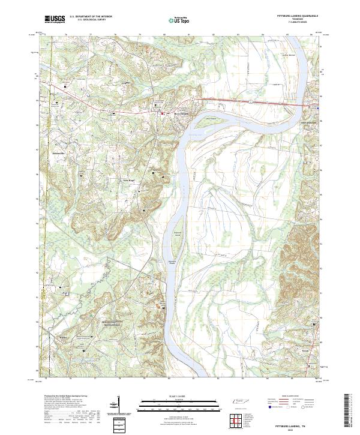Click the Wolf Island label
tap(210, 119)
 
